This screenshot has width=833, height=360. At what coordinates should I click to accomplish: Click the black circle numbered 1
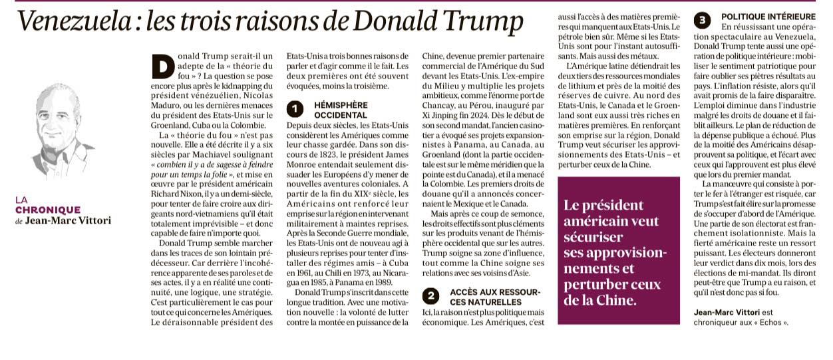tap(295, 109)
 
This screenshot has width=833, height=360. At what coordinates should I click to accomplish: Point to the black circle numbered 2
tap(431, 297)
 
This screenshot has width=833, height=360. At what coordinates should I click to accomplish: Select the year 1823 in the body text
tap(333, 155)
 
